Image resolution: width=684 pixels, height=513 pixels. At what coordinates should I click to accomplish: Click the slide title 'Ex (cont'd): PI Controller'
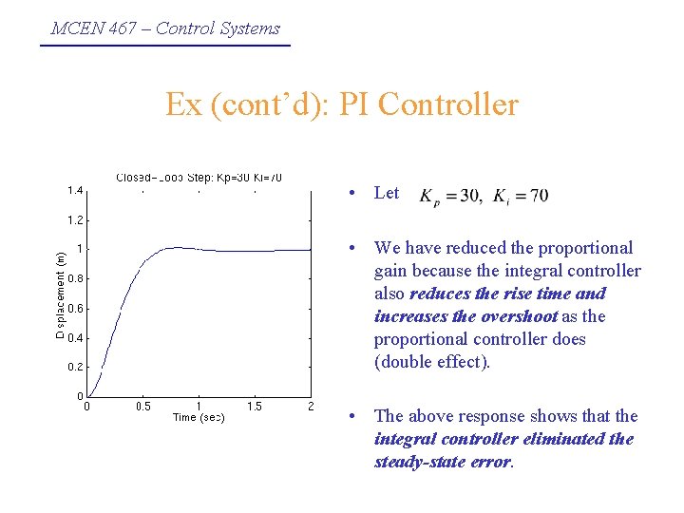[342, 104]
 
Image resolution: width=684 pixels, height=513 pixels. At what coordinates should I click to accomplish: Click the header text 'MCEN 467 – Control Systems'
[165, 28]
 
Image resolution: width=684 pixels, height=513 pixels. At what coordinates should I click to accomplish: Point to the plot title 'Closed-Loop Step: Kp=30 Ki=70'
[199, 178]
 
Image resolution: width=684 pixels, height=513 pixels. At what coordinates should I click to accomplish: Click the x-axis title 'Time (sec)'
[199, 418]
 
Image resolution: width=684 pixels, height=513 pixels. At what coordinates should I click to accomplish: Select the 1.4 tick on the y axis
[74, 190]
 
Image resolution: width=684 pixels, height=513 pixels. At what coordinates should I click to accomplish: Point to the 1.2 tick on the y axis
[74, 219]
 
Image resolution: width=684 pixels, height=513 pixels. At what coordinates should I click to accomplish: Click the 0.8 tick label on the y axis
[74, 278]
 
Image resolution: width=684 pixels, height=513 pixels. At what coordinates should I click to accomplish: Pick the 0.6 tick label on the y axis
[74, 308]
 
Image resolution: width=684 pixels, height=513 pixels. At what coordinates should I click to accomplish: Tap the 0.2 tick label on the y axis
[74, 367]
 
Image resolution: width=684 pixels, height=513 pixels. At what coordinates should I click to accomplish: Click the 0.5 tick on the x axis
[142, 407]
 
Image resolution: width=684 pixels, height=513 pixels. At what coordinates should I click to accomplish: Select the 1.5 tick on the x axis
[255, 407]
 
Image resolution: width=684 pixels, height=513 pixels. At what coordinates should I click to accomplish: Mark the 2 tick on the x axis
[311, 407]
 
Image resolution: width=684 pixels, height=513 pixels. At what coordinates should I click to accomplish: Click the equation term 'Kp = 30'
[450, 197]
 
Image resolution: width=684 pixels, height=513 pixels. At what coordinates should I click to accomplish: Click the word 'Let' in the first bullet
[387, 193]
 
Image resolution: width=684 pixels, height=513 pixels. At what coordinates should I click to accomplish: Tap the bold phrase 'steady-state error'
[443, 462]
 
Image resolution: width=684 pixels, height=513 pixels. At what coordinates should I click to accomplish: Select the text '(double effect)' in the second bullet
[431, 362]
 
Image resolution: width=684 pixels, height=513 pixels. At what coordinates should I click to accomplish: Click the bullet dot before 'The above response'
[352, 417]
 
